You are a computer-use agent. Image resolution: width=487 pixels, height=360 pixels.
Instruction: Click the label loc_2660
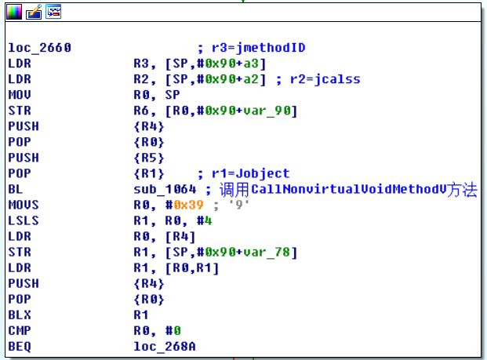[38, 48]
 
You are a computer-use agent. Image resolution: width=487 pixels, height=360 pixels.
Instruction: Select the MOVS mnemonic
[23, 205]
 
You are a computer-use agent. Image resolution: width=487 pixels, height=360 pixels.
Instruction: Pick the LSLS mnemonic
[23, 220]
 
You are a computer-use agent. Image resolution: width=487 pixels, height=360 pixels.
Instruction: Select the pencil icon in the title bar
[34, 12]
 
